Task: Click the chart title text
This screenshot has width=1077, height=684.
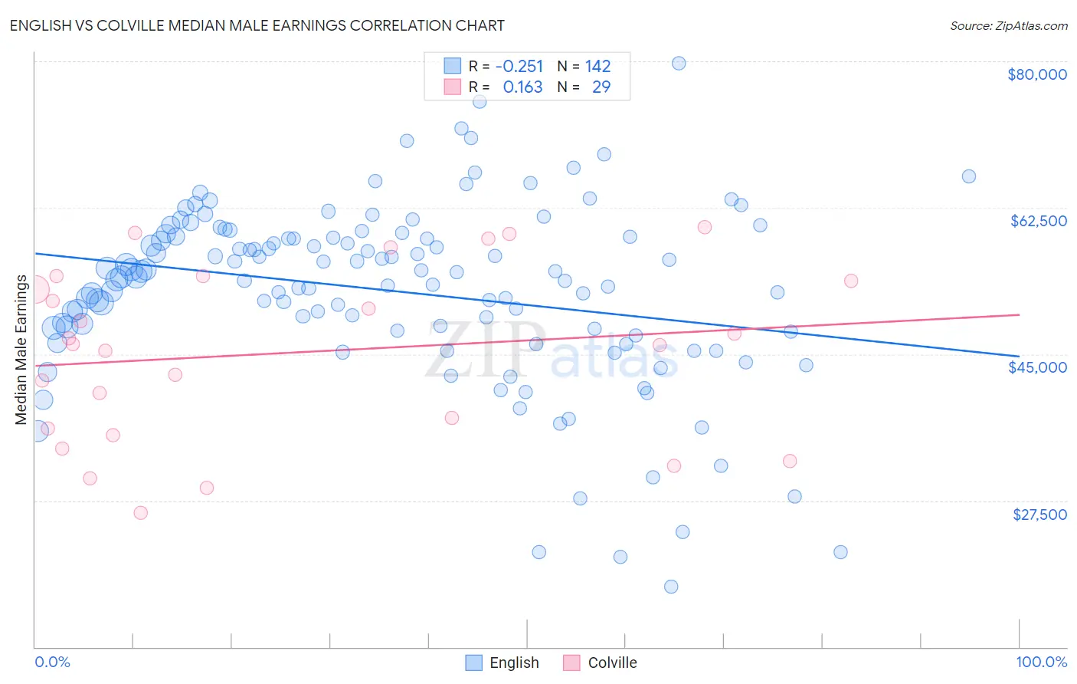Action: (257, 25)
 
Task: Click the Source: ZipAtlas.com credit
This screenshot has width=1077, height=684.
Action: (1008, 25)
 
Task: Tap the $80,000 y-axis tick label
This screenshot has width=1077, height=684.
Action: (1036, 74)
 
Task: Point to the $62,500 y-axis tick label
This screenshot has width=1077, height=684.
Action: (1038, 221)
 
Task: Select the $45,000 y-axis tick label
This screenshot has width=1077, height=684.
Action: (1037, 367)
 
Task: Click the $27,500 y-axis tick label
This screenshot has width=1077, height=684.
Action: (1039, 514)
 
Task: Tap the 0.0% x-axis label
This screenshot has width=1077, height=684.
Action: (52, 662)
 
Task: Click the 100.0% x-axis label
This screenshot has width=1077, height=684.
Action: (1041, 662)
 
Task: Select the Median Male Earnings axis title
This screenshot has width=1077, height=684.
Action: (21, 350)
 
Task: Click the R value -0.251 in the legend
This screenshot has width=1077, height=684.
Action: (519, 67)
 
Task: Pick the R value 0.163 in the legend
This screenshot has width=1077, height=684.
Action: (522, 87)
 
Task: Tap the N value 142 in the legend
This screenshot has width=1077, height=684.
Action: (597, 67)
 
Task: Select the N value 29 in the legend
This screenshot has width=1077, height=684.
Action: (601, 87)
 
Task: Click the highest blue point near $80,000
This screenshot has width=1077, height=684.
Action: (679, 63)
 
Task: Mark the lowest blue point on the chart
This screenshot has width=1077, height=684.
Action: (671, 587)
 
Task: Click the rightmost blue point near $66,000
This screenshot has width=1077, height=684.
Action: (969, 176)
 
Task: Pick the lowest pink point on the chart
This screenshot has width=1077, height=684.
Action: (140, 513)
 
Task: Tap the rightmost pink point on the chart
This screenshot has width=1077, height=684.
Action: (851, 281)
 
